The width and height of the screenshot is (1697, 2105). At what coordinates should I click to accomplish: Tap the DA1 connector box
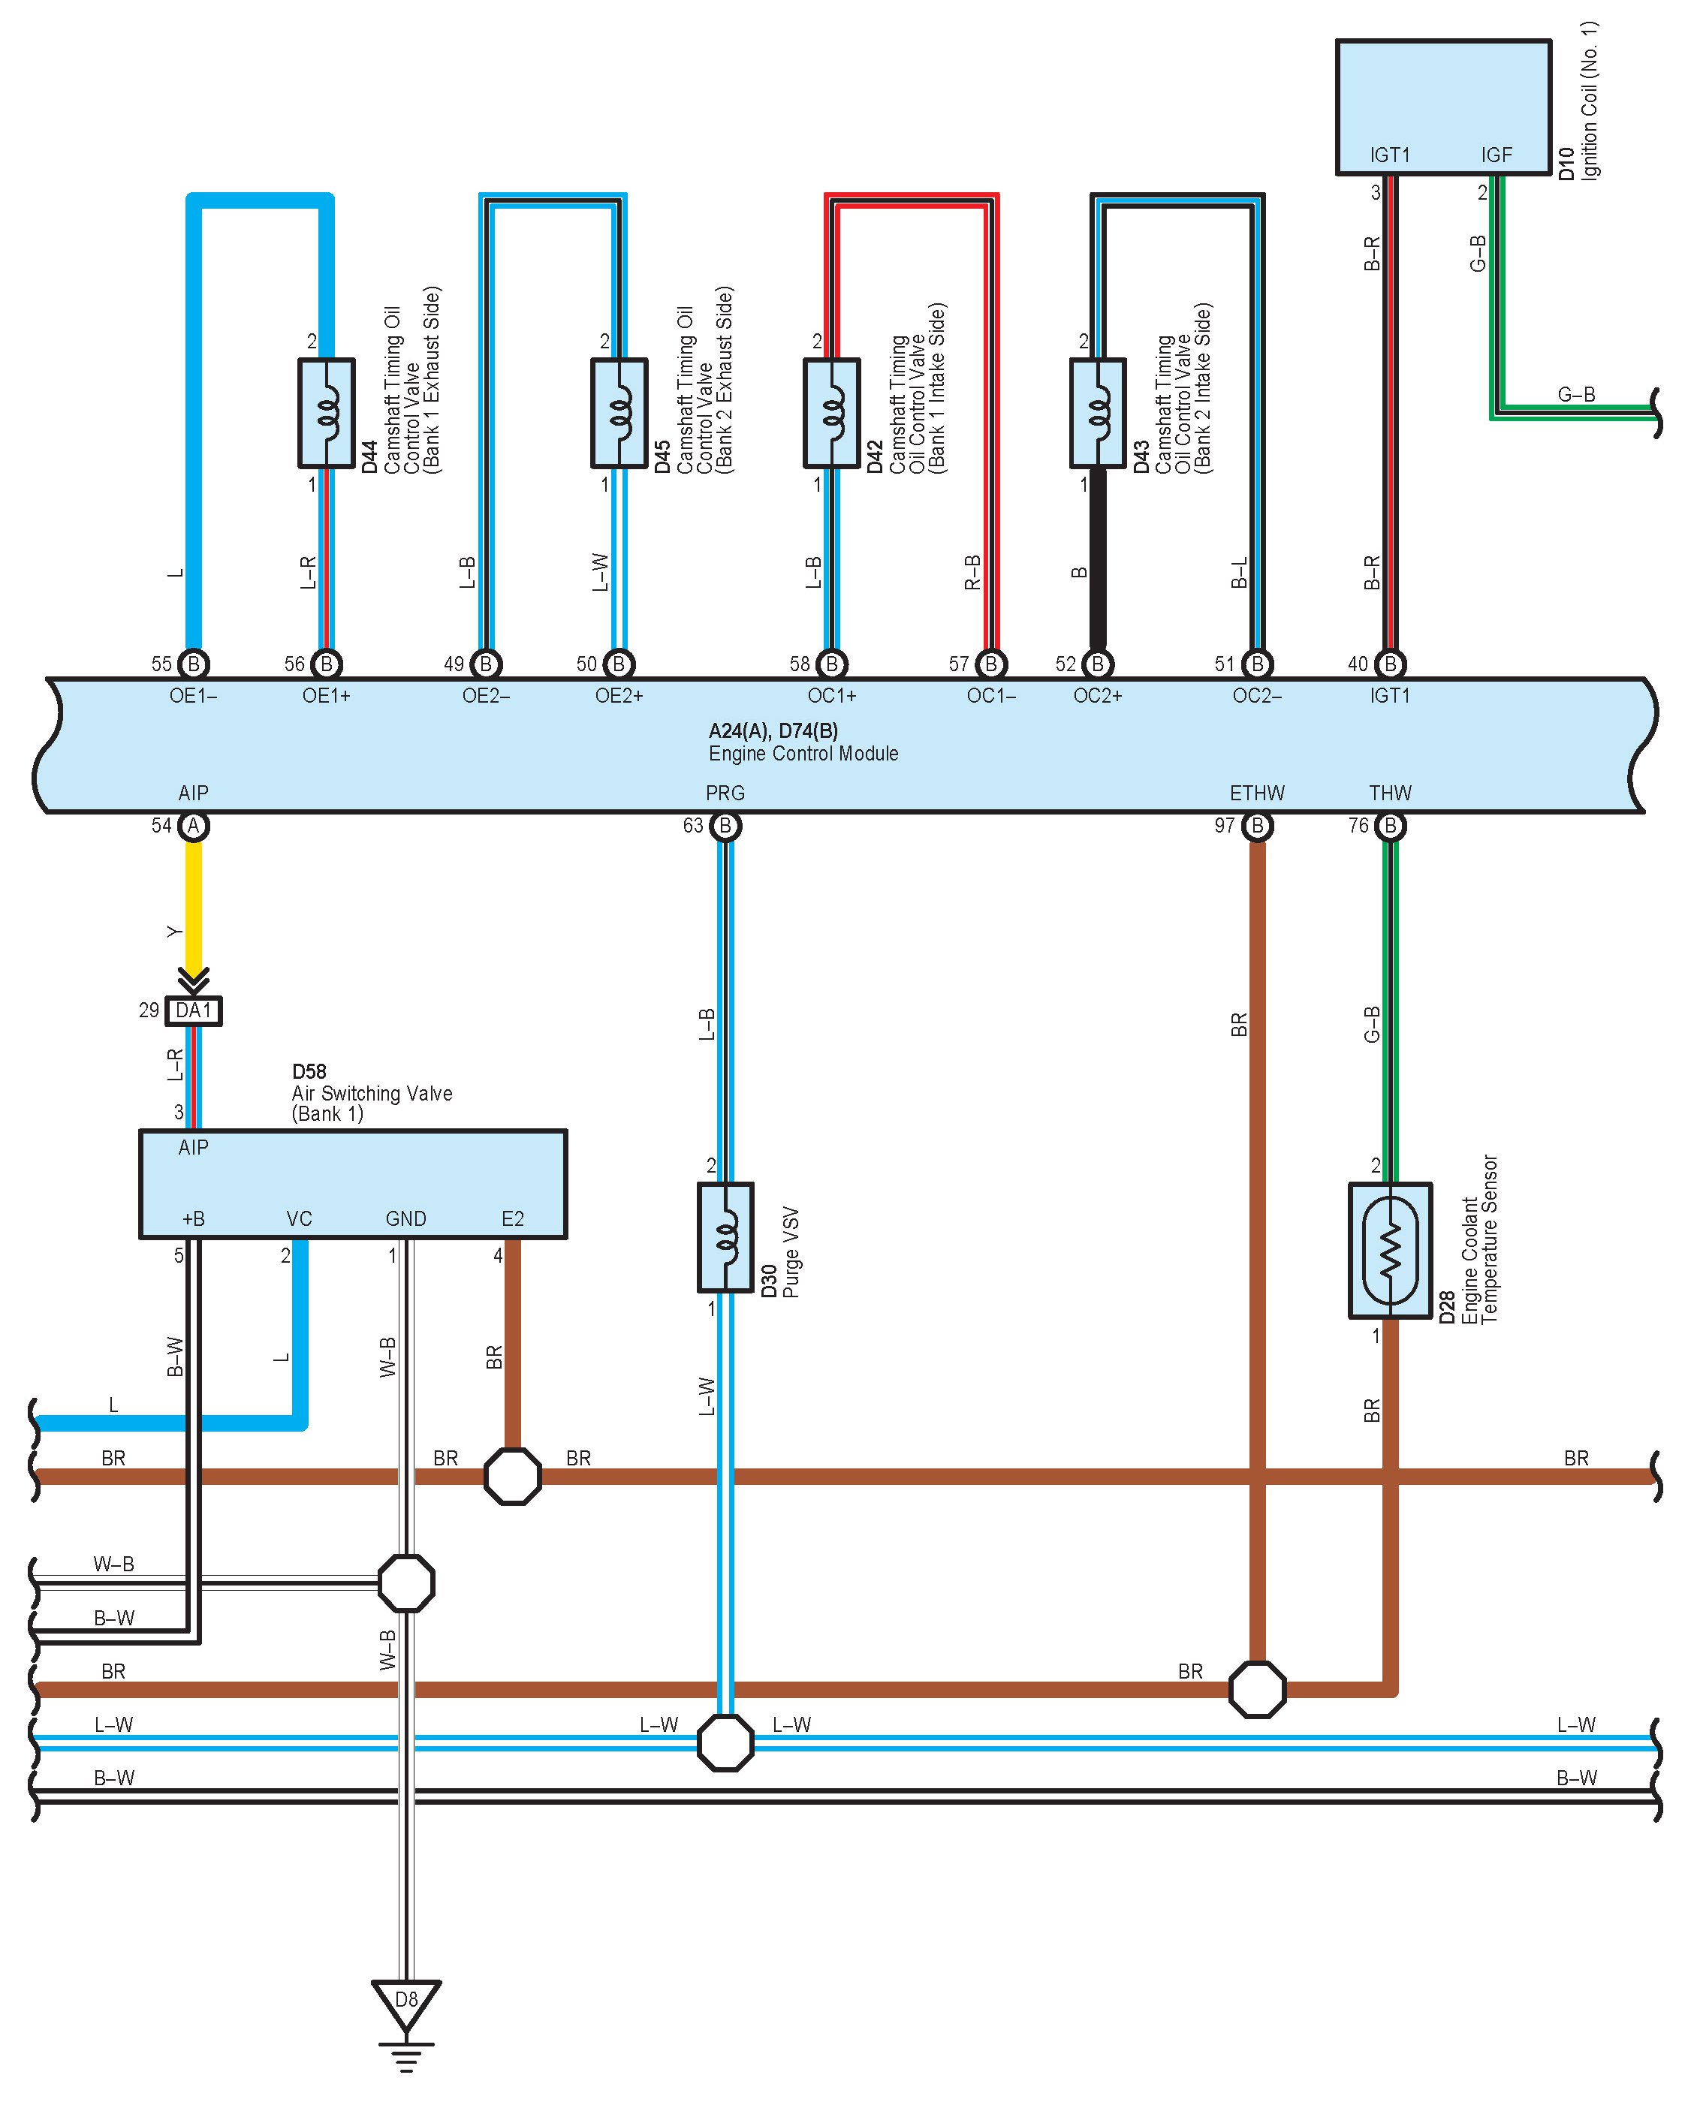click(x=194, y=1010)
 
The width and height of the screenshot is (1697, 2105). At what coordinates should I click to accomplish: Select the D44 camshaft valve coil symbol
click(x=327, y=412)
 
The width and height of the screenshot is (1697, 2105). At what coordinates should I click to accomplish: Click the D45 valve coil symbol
click(x=619, y=412)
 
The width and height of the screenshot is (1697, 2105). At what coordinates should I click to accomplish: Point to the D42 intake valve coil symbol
click(x=832, y=412)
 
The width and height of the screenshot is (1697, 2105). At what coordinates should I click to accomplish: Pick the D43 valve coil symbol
click(x=1098, y=412)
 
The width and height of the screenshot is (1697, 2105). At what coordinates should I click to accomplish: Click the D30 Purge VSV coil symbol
click(x=725, y=1237)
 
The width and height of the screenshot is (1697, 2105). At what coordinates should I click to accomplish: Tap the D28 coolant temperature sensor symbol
click(x=1390, y=1250)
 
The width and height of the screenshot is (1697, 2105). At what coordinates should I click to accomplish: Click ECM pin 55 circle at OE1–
click(x=194, y=664)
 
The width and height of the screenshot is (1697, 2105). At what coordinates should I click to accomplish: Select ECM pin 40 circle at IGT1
click(x=1390, y=664)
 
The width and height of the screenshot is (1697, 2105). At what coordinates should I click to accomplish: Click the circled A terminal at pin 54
click(x=194, y=827)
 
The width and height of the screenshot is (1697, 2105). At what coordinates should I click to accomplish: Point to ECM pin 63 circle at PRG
click(x=725, y=827)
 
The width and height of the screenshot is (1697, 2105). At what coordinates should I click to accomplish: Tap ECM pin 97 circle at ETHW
click(x=1257, y=827)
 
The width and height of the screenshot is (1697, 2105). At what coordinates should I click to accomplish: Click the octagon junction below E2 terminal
click(x=512, y=1477)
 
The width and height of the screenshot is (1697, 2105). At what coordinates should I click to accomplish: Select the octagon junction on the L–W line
click(x=725, y=1742)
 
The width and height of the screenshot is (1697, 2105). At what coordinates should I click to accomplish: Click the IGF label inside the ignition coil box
click(x=1496, y=155)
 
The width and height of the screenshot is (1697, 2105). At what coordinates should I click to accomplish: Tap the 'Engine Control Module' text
click(x=803, y=754)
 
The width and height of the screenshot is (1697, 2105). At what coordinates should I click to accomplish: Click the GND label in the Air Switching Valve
click(x=405, y=1218)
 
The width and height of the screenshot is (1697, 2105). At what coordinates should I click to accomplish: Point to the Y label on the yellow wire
click(x=175, y=932)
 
